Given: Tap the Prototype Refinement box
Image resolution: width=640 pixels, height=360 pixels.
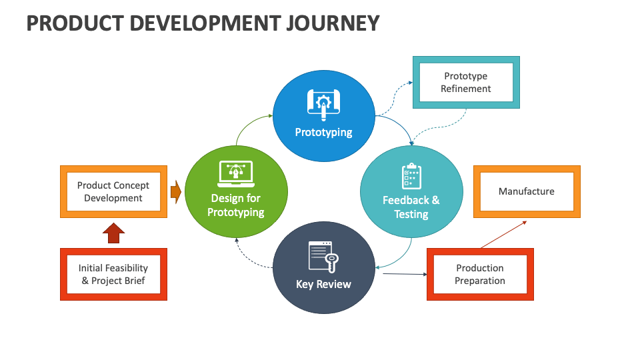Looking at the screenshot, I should (466, 83).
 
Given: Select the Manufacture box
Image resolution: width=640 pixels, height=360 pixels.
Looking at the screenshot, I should (526, 191).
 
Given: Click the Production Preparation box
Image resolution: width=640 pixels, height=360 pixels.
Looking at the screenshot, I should (479, 274).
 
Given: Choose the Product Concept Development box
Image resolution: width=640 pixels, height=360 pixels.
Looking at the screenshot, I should (113, 192).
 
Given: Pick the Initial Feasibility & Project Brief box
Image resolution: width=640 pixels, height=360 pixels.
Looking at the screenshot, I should (113, 274).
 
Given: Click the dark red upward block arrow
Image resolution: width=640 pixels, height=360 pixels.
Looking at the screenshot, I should (114, 233).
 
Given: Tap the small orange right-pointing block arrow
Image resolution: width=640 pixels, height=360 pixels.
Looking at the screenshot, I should (176, 192).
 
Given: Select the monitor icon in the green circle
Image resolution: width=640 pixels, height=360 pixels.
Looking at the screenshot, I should (235, 174).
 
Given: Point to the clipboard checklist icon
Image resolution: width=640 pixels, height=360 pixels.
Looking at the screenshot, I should (411, 176).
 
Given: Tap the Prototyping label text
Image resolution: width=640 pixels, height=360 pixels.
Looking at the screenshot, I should (323, 132).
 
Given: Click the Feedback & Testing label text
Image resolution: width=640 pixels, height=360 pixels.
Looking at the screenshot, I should (411, 207).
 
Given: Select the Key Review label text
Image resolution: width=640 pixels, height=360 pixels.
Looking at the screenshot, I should (323, 284).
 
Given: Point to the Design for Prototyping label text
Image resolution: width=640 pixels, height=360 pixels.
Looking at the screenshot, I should (235, 205).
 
